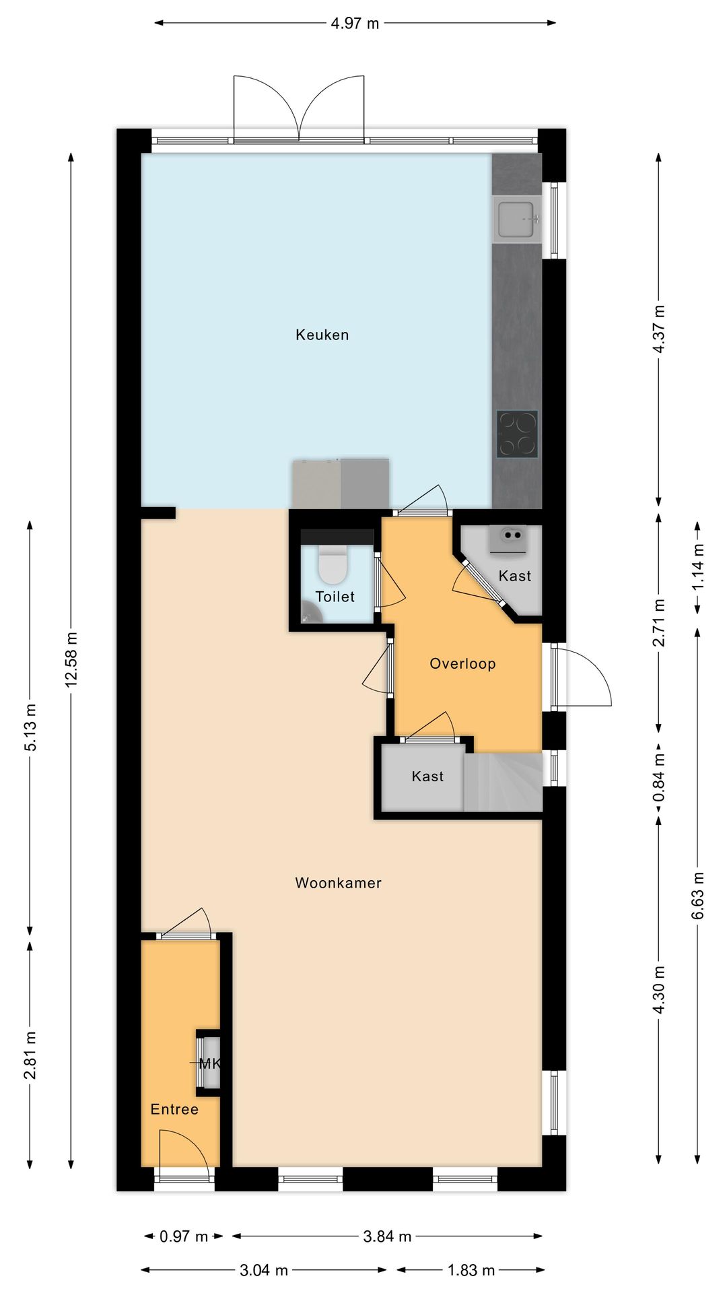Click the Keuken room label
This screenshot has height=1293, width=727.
tap(322, 335)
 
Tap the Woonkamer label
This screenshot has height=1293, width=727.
tap(338, 883)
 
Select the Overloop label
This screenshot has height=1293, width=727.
tap(462, 663)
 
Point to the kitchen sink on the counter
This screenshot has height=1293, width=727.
tap(516, 219)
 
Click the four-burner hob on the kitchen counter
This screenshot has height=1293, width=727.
tap(517, 434)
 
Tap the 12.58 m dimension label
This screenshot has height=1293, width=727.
tap(71, 659)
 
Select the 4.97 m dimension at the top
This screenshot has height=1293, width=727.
tap(355, 24)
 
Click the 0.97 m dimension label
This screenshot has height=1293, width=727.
tap(184, 1236)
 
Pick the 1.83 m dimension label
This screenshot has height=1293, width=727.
tap(471, 1270)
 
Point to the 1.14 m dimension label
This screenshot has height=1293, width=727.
tap(698, 566)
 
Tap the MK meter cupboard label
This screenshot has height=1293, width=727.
tap(210, 1064)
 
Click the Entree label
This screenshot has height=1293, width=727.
tap(174, 1109)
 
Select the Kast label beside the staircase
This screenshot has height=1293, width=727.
tap(427, 776)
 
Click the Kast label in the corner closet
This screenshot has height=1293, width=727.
tap(515, 576)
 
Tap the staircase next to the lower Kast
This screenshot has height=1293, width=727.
tap(504, 782)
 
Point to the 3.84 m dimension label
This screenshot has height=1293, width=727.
tap(387, 1236)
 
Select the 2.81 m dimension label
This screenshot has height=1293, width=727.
tap(30, 1055)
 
